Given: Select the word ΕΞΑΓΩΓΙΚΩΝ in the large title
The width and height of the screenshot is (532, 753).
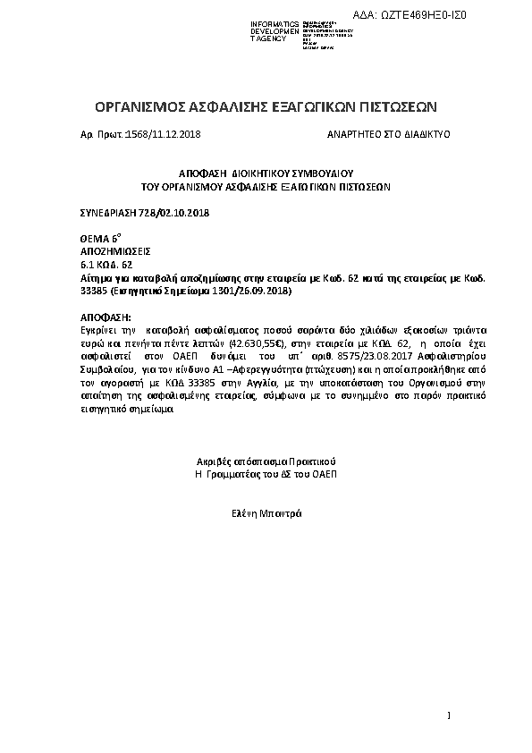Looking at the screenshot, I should tap(325, 106).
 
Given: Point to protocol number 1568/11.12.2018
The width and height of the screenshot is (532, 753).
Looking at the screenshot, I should tap(164, 132).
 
